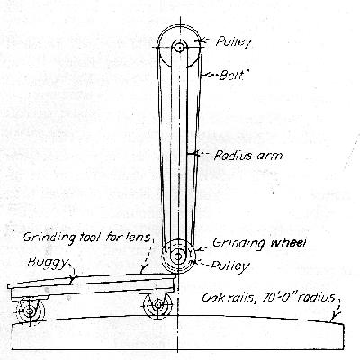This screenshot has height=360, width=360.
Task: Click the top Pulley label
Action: click(234, 42)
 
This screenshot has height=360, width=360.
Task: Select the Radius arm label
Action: click(248, 156)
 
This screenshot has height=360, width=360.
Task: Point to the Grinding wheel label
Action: click(259, 243)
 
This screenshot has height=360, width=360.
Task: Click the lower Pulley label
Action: click(229, 265)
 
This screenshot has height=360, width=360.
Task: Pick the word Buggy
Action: click(48, 263)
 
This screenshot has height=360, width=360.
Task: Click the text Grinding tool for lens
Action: click(87, 238)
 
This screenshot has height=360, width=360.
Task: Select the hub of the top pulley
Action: click(179, 48)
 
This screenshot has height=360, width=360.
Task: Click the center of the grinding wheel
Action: click(178, 256)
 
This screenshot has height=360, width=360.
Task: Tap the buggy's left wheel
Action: click(30, 311)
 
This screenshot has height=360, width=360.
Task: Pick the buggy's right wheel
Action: click(157, 304)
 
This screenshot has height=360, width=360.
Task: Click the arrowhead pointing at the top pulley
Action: click(202, 41)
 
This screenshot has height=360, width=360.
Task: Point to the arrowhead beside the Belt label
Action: click(203, 76)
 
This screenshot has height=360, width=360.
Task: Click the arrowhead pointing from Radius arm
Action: click(190, 154)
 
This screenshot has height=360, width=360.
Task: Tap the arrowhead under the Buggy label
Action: click(72, 278)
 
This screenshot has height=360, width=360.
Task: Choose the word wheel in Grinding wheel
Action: click(288, 242)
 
